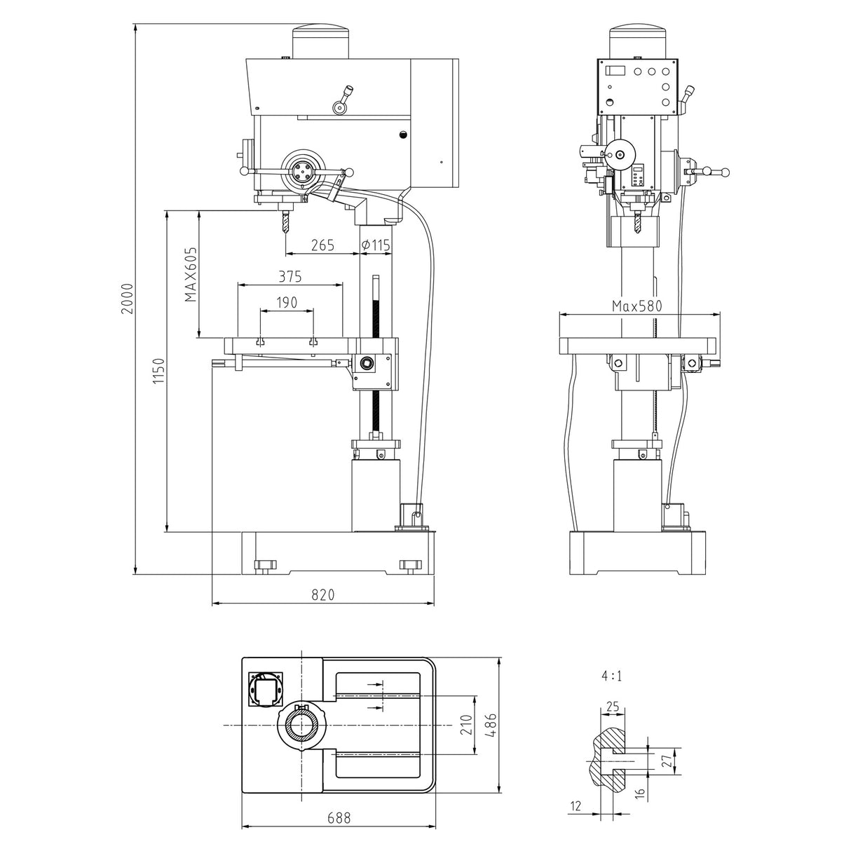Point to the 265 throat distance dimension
click(322, 245)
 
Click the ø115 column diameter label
click(376, 245)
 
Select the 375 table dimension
click(290, 276)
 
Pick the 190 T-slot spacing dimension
click(286, 302)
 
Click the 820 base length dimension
click(322, 594)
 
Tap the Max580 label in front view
click(636, 306)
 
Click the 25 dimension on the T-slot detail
click(613, 707)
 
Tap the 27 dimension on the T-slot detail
click(667, 759)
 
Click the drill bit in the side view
click(285, 223)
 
